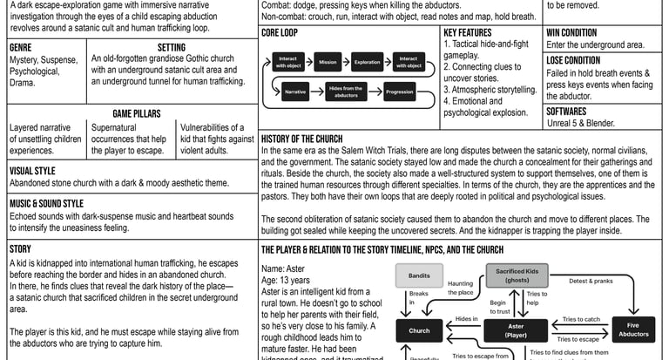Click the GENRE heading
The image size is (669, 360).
(x=21, y=47)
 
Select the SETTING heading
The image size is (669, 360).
(x=171, y=47)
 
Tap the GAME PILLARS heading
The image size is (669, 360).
(x=131, y=113)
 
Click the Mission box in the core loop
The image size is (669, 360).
(x=328, y=63)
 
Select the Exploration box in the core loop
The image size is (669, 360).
(x=368, y=63)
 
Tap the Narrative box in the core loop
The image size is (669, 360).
(x=295, y=92)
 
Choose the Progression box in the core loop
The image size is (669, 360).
(x=399, y=92)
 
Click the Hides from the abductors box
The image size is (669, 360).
(x=347, y=92)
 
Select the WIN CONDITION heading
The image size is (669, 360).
(x=571, y=32)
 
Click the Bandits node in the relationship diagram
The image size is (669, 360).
(x=419, y=276)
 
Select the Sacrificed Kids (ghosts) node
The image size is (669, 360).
(x=518, y=275)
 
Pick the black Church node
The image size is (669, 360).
(x=419, y=330)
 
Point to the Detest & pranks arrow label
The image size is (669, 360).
(x=591, y=281)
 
